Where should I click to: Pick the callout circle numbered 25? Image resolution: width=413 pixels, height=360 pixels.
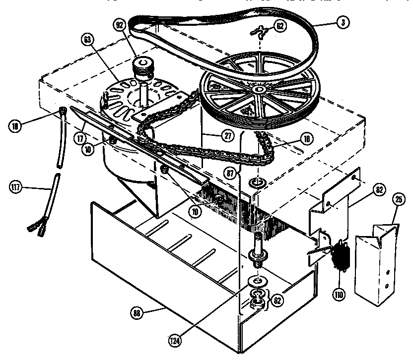point(398,201)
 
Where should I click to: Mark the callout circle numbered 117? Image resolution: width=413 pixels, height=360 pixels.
point(16,187)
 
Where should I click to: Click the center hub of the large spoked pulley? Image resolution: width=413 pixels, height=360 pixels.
point(259,89)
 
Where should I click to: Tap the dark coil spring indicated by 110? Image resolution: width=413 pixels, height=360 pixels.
point(342,254)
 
